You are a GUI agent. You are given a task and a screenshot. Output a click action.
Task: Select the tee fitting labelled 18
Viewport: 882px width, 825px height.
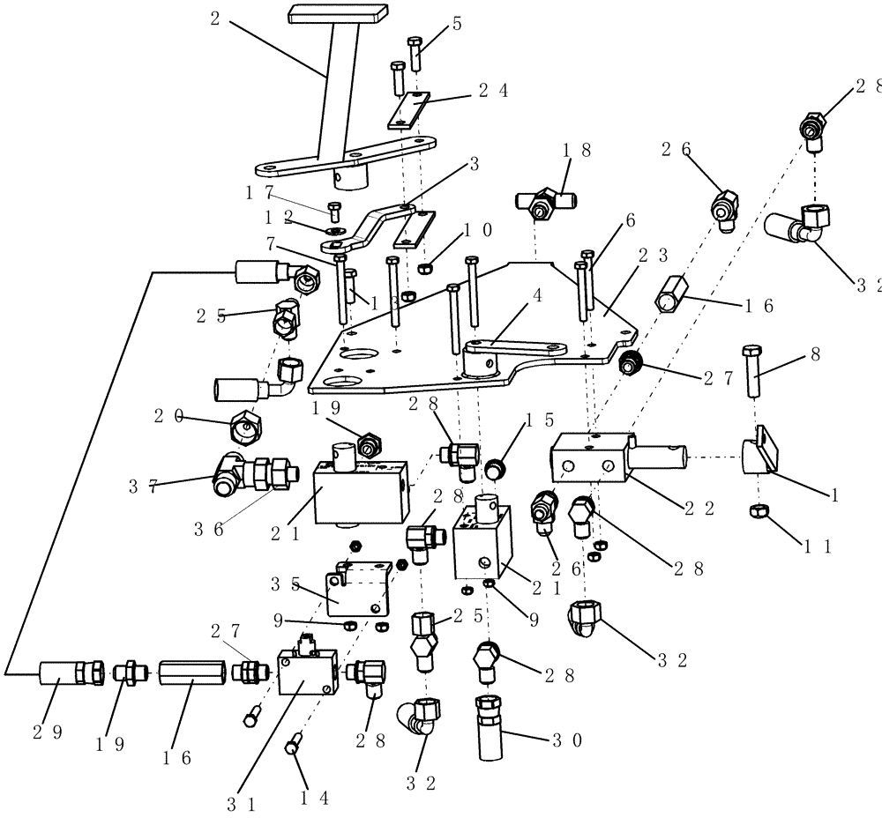542,202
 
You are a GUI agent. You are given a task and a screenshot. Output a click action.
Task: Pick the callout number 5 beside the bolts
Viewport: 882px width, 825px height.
457,24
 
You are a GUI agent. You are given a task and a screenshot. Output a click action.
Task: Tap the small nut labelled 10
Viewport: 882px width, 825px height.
424,268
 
